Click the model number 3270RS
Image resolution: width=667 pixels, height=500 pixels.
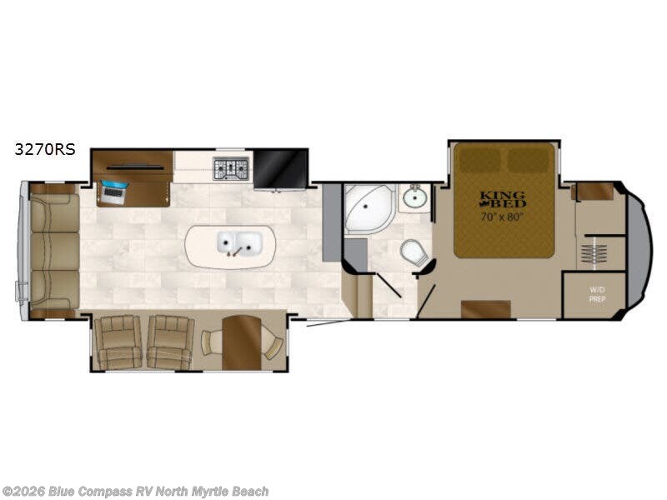[45, 149]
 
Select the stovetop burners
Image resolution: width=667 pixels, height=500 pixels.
[231, 168]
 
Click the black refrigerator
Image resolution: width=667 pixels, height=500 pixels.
[280, 168]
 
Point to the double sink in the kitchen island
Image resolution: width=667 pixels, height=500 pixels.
[239, 244]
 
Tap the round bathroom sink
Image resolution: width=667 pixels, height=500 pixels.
[415, 197]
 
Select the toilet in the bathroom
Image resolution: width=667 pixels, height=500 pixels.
[414, 252]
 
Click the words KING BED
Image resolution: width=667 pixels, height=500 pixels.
[503, 200]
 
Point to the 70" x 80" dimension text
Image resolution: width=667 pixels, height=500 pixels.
[502, 217]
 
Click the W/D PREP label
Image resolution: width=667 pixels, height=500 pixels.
[597, 295]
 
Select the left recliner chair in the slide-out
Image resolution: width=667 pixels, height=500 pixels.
[118, 342]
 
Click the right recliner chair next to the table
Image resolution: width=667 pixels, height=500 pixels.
[171, 342]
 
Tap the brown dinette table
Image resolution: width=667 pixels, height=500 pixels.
[241, 342]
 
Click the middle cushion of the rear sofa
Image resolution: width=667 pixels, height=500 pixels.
[54, 251]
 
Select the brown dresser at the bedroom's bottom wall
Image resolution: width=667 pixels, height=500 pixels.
[486, 309]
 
